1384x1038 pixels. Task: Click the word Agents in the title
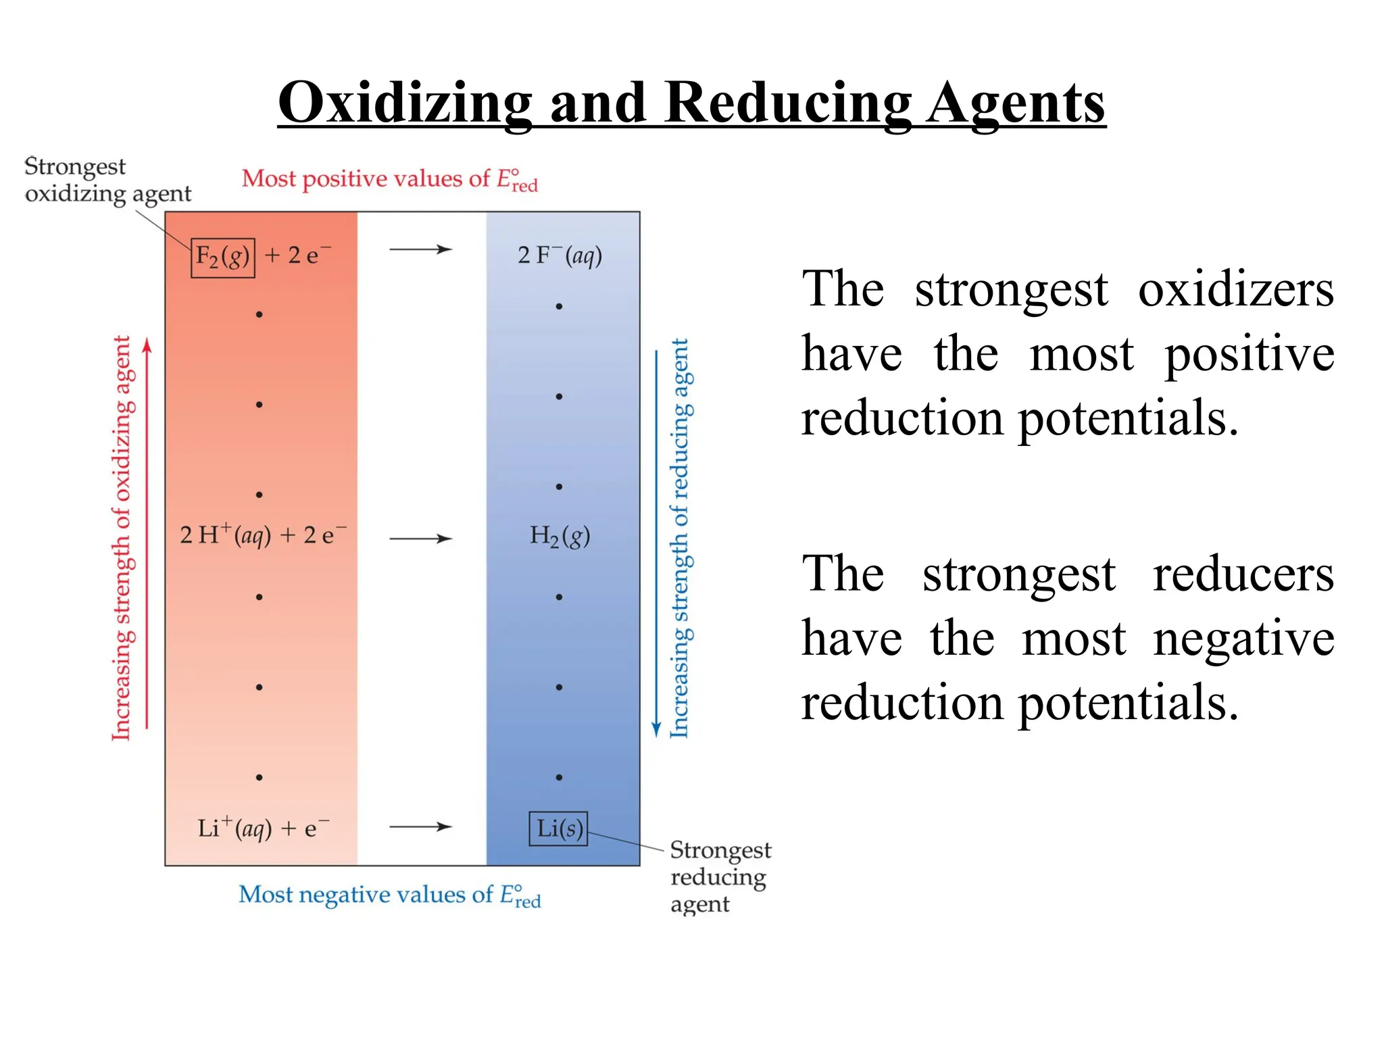[x=1016, y=103]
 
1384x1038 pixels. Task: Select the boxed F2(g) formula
[x=223, y=257]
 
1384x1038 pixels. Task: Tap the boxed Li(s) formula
[x=558, y=829]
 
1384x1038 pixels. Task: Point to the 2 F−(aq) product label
[x=560, y=255]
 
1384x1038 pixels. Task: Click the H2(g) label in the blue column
[x=560, y=537]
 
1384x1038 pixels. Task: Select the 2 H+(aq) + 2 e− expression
[x=263, y=535]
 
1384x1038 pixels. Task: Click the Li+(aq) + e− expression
[x=263, y=829]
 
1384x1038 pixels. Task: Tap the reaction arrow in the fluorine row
[x=420, y=249]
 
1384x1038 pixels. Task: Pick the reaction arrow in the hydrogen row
[x=420, y=539]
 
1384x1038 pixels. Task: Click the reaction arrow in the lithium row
[x=420, y=826]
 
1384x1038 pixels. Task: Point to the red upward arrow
[x=147, y=534]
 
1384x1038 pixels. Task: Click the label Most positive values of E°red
[x=389, y=180]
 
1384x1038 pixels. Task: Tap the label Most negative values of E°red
[x=389, y=895]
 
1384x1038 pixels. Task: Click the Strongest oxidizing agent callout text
[x=107, y=180]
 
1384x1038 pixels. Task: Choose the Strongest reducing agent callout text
[x=719, y=876]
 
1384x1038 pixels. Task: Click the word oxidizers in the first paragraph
[x=1235, y=289]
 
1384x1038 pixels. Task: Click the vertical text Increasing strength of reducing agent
[x=680, y=538]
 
